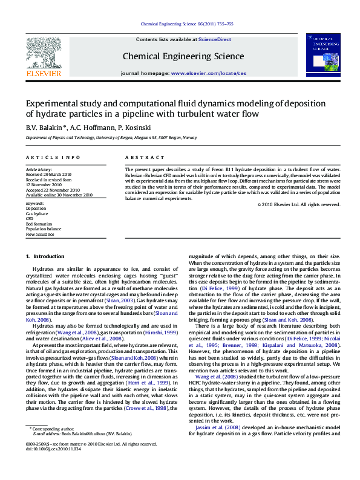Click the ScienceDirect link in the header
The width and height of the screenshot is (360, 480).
(215, 39)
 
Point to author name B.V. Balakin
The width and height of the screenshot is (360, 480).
(45, 128)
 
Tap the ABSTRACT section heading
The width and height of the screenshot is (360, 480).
(137, 157)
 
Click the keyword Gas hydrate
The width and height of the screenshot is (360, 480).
(36, 214)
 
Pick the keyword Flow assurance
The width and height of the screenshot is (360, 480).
(40, 234)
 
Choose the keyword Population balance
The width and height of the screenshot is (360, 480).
(43, 229)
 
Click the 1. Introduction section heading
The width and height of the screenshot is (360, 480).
(49, 257)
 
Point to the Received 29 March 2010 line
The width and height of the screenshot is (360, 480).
(48, 174)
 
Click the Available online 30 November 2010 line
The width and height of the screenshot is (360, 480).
(59, 195)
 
